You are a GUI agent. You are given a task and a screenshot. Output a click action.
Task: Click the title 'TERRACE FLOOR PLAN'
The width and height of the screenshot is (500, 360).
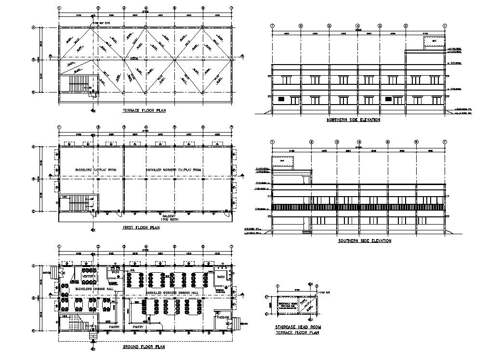click(144, 110)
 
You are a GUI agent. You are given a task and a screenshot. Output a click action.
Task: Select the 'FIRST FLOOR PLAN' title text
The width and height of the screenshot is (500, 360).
click(141, 227)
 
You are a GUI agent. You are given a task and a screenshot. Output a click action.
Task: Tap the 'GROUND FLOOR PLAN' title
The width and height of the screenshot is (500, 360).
click(144, 347)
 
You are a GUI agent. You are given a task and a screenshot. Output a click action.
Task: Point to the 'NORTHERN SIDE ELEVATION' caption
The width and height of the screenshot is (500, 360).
click(353, 120)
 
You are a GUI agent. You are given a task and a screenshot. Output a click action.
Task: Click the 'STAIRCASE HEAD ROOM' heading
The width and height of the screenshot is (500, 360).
click(298, 327)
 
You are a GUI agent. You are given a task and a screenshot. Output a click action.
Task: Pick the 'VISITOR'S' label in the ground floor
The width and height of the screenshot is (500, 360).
click(90, 276)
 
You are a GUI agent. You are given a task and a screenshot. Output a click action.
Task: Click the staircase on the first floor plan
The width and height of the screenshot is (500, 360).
click(78, 203)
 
